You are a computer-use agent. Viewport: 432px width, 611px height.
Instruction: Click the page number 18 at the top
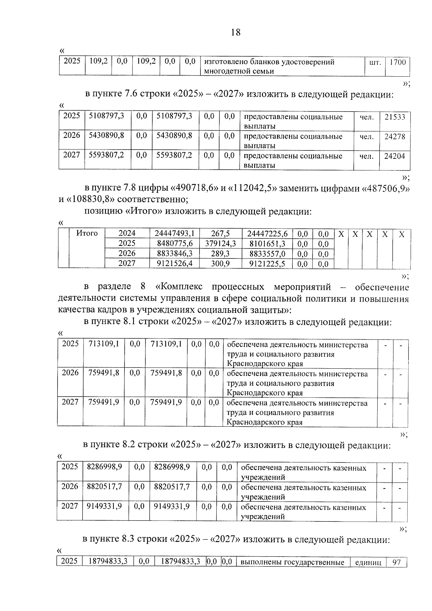(235, 32)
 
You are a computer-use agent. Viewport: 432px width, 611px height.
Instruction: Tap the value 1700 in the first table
(397, 62)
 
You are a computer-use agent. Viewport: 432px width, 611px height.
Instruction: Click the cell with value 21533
(395, 117)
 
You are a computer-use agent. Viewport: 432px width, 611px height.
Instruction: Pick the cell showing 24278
(395, 136)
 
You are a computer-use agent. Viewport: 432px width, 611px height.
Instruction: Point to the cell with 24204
(395, 156)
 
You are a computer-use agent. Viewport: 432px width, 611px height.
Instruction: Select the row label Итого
(87, 233)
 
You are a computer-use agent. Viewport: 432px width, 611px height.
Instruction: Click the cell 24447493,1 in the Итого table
(174, 234)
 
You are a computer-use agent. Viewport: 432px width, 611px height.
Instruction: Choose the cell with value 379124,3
(220, 243)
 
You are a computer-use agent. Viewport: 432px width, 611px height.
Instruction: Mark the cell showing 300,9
(220, 263)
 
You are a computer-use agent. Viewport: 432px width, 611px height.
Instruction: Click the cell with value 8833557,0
(267, 253)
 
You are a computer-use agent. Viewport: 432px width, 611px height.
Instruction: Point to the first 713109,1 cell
(104, 344)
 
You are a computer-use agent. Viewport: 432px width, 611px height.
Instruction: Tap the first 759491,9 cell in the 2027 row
(104, 402)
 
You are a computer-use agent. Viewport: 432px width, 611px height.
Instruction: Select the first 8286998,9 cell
(104, 467)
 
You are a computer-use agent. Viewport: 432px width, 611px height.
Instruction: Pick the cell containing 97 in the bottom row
(396, 562)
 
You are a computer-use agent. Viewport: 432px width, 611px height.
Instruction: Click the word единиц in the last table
(368, 562)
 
